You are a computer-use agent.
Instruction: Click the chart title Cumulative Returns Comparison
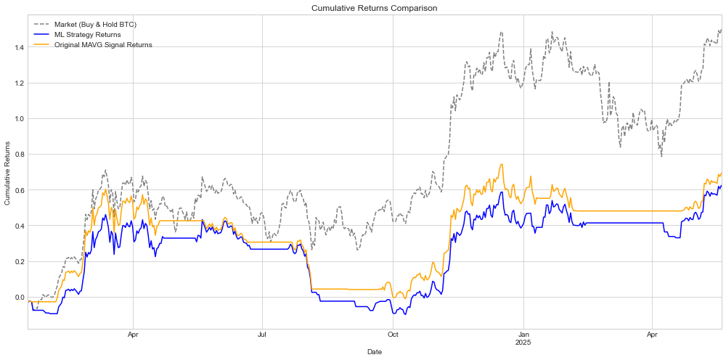click(x=375, y=8)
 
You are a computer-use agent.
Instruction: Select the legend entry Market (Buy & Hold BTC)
click(x=95, y=25)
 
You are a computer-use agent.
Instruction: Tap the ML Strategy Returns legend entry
click(x=87, y=35)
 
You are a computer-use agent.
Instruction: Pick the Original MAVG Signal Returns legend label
click(x=103, y=45)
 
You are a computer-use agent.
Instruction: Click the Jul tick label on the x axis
click(x=262, y=336)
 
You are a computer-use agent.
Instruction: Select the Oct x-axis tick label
click(x=393, y=336)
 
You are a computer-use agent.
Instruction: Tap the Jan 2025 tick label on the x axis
click(x=523, y=339)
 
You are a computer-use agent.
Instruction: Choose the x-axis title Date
click(x=375, y=352)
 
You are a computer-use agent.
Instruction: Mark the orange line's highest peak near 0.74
click(x=501, y=165)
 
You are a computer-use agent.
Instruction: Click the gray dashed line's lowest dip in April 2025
click(x=661, y=156)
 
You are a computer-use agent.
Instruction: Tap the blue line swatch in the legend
click(x=41, y=35)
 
